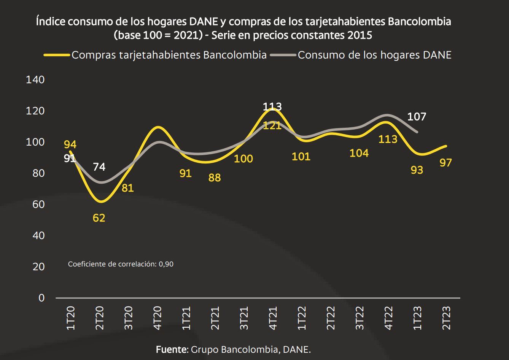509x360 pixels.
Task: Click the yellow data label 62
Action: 99,218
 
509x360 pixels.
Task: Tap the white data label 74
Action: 99,167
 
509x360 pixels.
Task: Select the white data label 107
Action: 417,117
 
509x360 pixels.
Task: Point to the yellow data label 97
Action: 445,163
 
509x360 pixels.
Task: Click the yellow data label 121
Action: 272,125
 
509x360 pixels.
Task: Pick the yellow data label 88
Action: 215,178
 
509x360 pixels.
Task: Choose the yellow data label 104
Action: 359,153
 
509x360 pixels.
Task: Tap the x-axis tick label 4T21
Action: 273,318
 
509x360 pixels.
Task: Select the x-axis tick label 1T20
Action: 71,318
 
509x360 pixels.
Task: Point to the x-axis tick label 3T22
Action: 359,318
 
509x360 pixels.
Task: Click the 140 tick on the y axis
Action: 35,80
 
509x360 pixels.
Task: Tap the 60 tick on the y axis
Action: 38,205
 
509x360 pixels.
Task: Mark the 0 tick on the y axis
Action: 41,298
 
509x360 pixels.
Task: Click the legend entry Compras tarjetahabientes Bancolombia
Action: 169,55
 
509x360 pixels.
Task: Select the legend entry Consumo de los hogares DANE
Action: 374,55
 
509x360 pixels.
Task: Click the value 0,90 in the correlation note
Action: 166,264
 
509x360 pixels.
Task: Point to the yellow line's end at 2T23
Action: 446,146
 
